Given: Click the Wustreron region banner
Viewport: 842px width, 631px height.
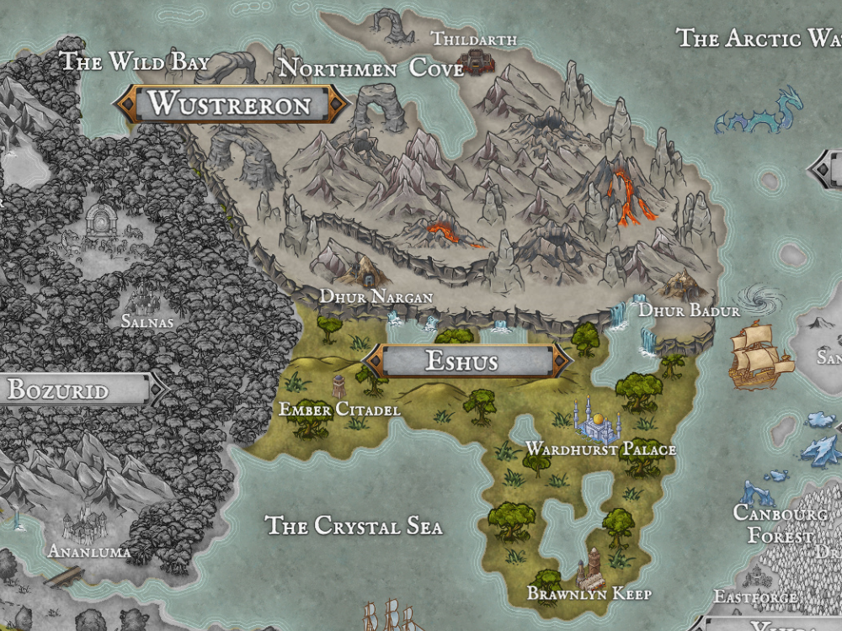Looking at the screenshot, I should tap(231, 103).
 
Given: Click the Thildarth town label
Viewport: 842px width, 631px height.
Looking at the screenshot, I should tap(474, 39).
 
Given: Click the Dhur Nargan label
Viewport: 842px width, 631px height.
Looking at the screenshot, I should tap(376, 297).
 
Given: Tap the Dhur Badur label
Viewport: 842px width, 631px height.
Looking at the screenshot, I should tap(689, 311).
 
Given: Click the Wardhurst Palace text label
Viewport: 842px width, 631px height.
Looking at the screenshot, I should tap(600, 449).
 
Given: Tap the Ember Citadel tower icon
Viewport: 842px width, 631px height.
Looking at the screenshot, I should tap(338, 387).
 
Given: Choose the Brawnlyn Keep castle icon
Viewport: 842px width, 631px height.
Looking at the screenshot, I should tap(592, 567).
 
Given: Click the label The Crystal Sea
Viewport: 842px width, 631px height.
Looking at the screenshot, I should tap(354, 526).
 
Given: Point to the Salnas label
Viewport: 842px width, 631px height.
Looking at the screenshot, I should tap(147, 322).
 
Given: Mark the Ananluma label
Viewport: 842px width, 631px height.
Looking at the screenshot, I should tap(89, 552).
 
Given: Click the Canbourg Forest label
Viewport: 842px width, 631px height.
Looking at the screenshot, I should tap(780, 524).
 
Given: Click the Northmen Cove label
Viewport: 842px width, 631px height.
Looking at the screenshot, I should tap(370, 67).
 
